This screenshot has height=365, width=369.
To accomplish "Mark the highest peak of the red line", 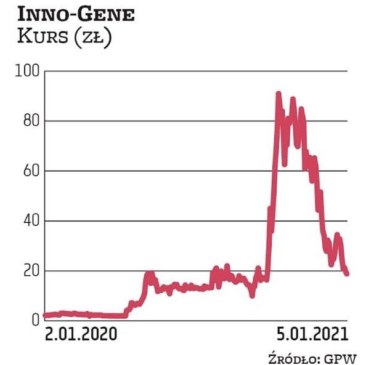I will click(x=278, y=94).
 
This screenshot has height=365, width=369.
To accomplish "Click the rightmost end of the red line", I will click(x=347, y=274).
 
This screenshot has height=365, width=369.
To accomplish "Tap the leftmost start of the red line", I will click(x=45, y=315).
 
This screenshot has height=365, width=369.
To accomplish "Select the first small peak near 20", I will click(x=149, y=273).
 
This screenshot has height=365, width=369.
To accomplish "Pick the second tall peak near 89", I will click(x=293, y=98).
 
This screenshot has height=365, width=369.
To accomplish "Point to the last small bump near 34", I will click(x=337, y=235).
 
